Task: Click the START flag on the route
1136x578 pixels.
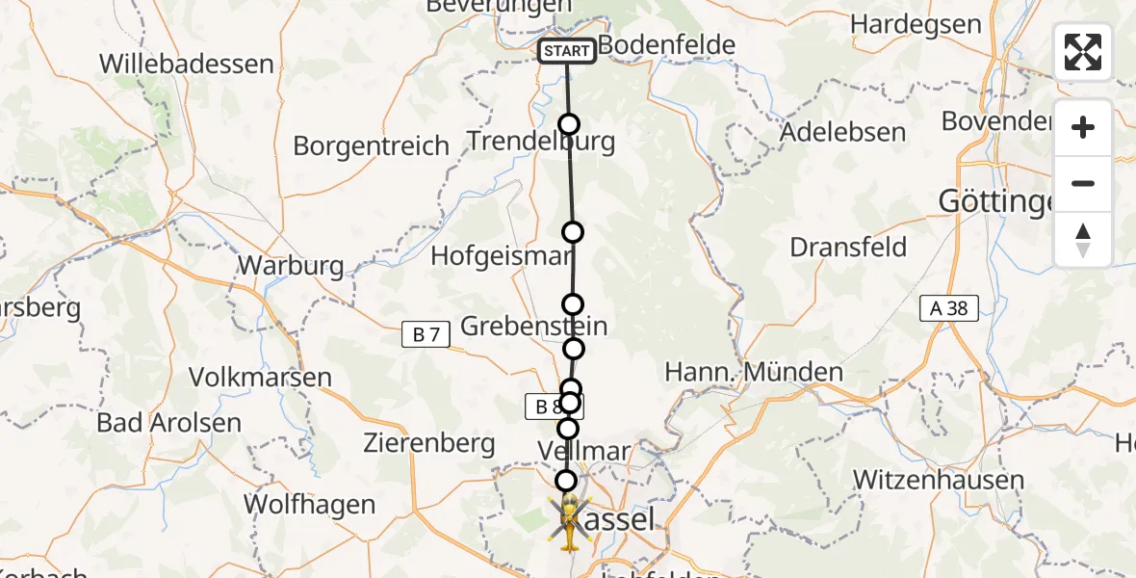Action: (567, 51)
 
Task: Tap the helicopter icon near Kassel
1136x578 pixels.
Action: (569, 522)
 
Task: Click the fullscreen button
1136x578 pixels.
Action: (1083, 52)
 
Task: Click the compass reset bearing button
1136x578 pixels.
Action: (1083, 240)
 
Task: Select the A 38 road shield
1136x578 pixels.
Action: (947, 308)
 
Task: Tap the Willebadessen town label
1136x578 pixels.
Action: (187, 65)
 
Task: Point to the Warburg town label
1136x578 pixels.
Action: (291, 265)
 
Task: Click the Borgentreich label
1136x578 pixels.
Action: (371, 146)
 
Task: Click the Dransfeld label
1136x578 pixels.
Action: (848, 248)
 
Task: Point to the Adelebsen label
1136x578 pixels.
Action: (844, 132)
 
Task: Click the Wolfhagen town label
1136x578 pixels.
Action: (309, 504)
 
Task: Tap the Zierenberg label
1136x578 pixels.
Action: (429, 444)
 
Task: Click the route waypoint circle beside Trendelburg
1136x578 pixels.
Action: (569, 124)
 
